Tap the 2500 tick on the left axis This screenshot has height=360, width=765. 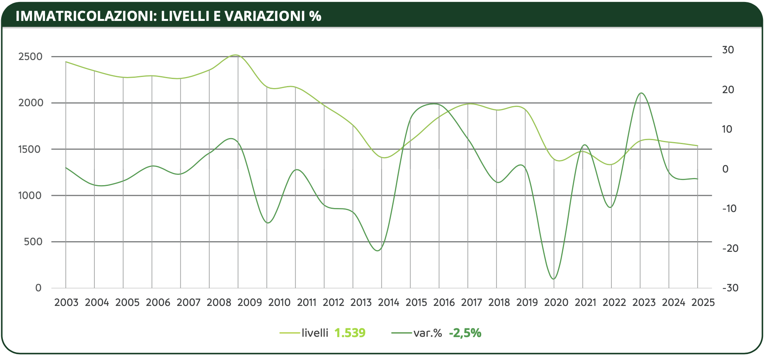tap(30, 56)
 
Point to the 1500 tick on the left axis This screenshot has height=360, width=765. tap(30, 149)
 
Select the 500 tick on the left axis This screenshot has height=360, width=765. tap(33, 242)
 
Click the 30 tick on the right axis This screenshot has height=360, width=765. tap(728, 50)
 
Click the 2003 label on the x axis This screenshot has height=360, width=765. tap(66, 302)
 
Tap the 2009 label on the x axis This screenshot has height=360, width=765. tap(250, 302)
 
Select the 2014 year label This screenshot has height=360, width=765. tap(389, 302)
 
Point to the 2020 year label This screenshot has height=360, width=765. tap(556, 302)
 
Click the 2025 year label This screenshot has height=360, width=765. tap(703, 302)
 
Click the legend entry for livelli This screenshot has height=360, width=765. tap(315, 333)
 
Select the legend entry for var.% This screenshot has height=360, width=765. tap(427, 333)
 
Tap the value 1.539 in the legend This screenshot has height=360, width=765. tap(350, 333)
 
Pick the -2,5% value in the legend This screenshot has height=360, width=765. tap(465, 333)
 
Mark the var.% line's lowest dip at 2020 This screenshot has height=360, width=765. tap(554, 279)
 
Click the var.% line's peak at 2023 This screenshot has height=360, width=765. tap(641, 93)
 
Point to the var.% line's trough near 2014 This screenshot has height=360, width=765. tap(378, 251)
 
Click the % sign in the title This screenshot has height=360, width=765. tap(315, 16)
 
